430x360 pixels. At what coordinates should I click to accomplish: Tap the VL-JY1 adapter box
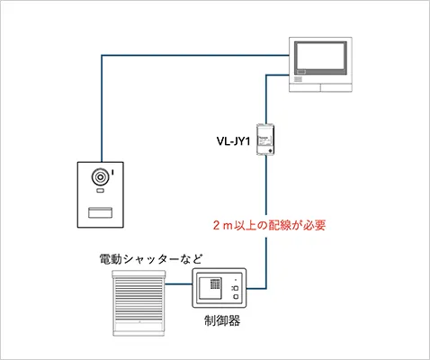[x=265, y=139]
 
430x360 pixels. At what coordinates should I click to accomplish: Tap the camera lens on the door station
[x=101, y=177]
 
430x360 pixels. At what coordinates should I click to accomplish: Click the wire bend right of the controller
[x=265, y=289]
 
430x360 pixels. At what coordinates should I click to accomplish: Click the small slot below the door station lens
[x=101, y=192]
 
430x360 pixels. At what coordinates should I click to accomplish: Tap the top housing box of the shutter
[x=139, y=274]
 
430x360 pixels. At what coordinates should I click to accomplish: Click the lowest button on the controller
[x=237, y=299]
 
